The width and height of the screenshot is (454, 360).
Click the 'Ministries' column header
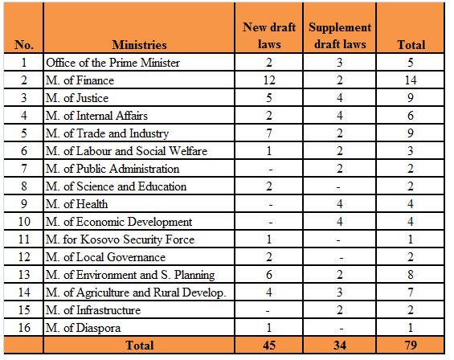click(139, 45)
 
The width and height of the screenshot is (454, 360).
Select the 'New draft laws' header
click(269, 35)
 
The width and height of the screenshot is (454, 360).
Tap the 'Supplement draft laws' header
click(340, 35)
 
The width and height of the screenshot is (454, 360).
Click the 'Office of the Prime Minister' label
click(113, 63)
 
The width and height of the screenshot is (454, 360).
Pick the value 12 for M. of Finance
click(269, 80)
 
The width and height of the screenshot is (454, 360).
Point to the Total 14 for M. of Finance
click(411, 80)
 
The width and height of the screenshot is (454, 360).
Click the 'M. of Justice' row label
click(77, 98)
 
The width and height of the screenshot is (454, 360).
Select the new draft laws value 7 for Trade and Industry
click(269, 133)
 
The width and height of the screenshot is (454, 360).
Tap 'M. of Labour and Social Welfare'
click(126, 151)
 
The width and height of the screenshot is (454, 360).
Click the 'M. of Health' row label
click(76, 204)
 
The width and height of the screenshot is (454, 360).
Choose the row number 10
click(24, 222)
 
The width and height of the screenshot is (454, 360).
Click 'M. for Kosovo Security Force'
click(121, 239)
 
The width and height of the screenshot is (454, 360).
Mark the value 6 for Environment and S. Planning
click(269, 275)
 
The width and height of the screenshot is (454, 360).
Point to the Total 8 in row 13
click(411, 275)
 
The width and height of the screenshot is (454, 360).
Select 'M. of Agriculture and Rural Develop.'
click(136, 292)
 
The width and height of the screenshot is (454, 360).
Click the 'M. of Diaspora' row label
click(83, 328)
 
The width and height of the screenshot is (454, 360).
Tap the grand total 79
click(411, 346)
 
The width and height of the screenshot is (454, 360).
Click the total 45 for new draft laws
click(269, 346)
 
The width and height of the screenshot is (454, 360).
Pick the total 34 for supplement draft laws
click(340, 346)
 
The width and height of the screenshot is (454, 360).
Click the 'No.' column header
click(24, 45)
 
